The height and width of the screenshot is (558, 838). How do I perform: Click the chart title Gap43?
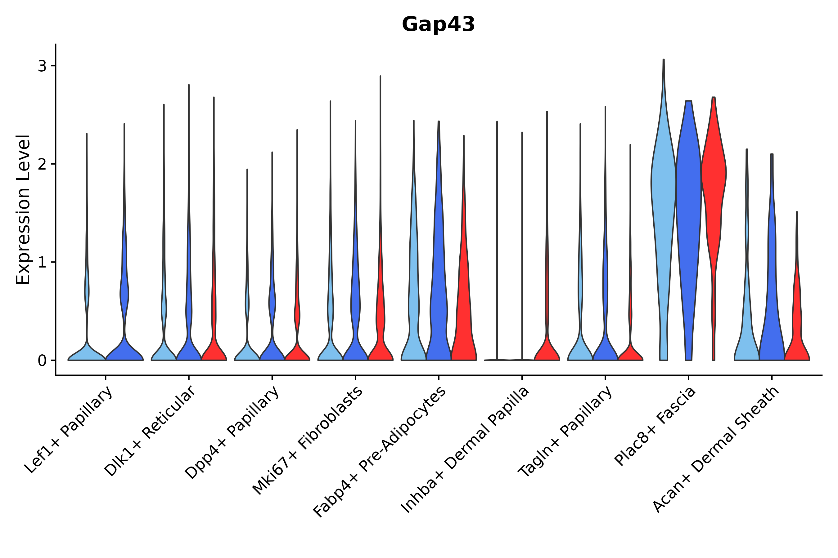(438, 24)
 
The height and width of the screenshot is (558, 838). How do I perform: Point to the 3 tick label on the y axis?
(42, 66)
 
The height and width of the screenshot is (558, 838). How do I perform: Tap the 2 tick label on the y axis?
(42, 164)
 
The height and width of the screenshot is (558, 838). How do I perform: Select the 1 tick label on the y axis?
(42, 263)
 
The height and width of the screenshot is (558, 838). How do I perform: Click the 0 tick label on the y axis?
(42, 361)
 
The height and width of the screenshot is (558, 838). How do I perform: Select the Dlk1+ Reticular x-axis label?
(150, 431)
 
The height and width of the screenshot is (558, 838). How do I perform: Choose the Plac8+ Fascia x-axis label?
(655, 426)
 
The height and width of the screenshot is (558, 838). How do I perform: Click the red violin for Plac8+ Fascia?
(714, 178)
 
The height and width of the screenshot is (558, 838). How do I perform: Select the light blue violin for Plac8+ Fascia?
(664, 185)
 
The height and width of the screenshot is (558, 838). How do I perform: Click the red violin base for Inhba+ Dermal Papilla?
(547, 352)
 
